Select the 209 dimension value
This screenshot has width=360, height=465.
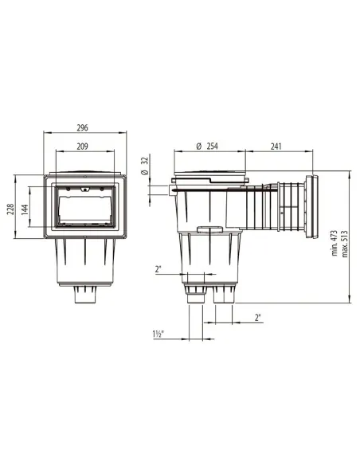(83, 147)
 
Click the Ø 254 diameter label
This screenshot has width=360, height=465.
(209, 147)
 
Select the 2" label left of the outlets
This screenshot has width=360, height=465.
(159, 269)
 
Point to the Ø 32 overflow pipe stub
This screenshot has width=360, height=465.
(174, 190)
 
